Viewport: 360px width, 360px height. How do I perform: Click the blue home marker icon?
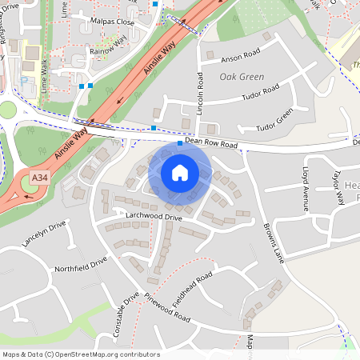pos(180,172)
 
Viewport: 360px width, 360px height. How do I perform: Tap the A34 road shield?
pos(38,177)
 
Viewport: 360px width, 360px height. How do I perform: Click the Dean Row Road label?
pos(212,143)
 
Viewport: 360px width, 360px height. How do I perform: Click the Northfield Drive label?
pos(80,265)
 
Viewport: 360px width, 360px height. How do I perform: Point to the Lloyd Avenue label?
pos(305,190)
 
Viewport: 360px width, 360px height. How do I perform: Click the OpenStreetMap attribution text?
pos(81,354)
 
